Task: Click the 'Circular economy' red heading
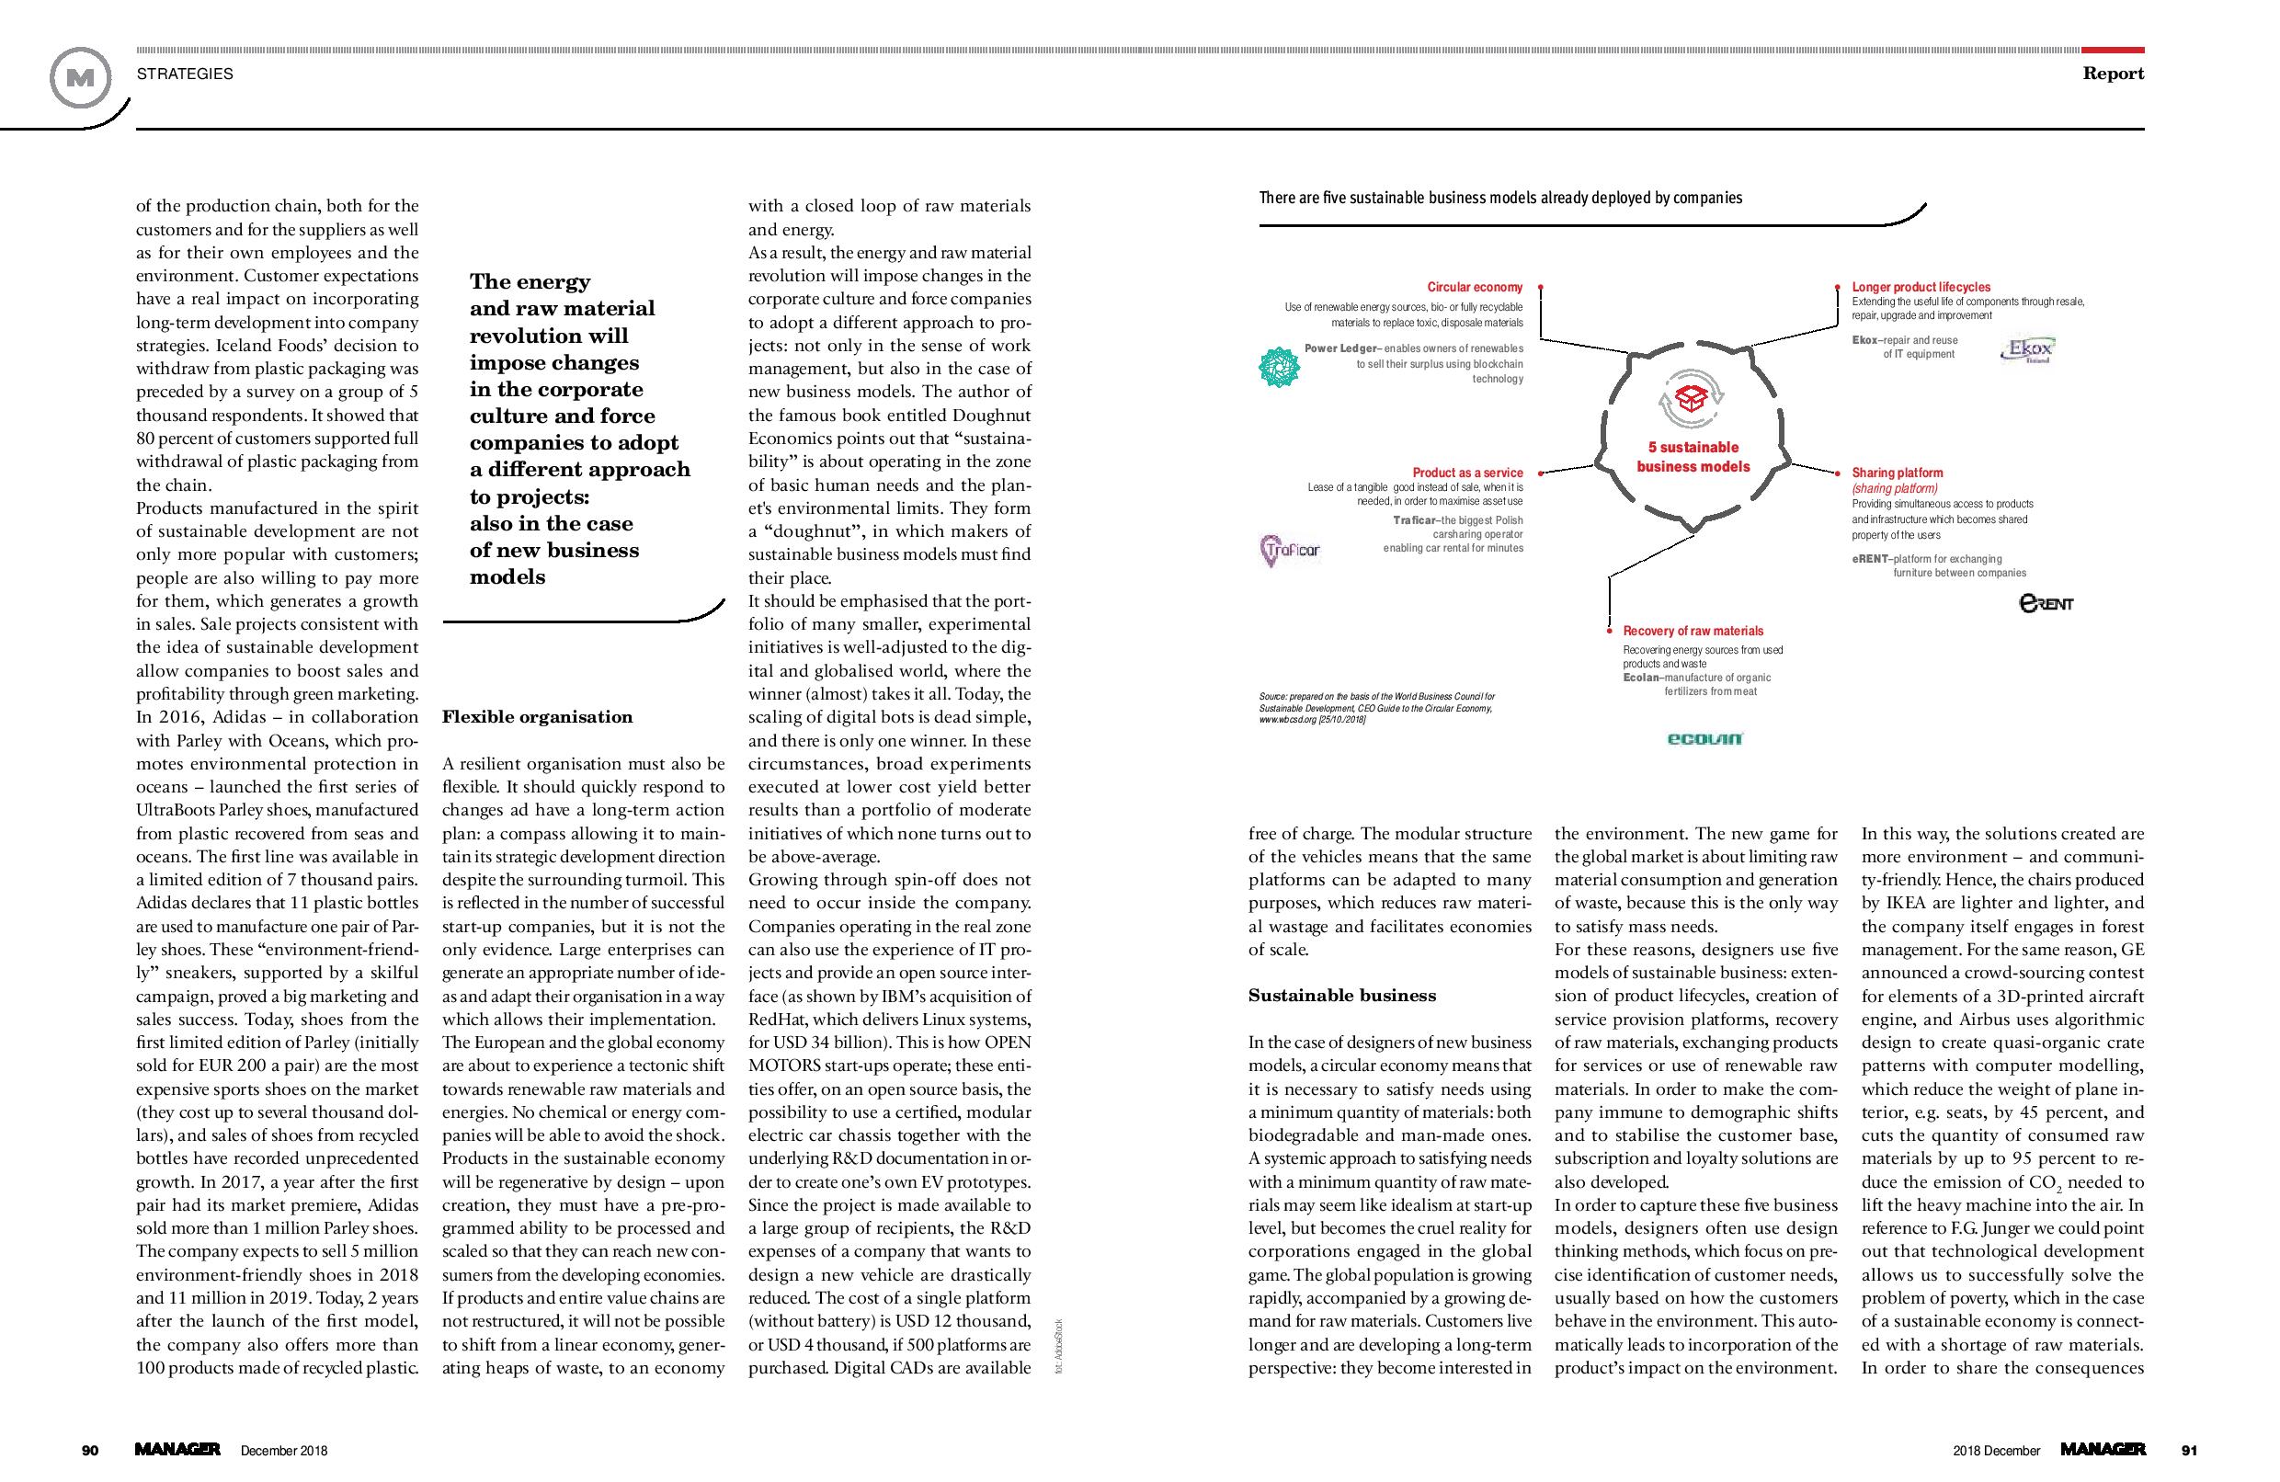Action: point(1475,288)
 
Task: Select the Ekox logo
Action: point(2027,350)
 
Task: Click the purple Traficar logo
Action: point(1290,551)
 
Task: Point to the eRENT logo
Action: point(2046,603)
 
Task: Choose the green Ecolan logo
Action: point(1705,737)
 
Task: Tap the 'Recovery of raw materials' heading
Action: point(1693,632)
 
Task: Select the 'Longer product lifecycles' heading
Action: point(1921,288)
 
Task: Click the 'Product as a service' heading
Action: point(1467,473)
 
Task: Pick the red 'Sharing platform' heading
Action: point(1897,473)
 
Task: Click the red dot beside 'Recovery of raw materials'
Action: point(1610,632)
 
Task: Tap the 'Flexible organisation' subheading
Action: point(538,717)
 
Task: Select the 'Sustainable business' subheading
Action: point(1342,997)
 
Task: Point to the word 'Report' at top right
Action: point(2113,74)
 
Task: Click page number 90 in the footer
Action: point(90,1451)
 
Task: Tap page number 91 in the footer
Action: point(2189,1451)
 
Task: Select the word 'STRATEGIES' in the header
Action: point(185,74)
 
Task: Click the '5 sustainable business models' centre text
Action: point(1693,457)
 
